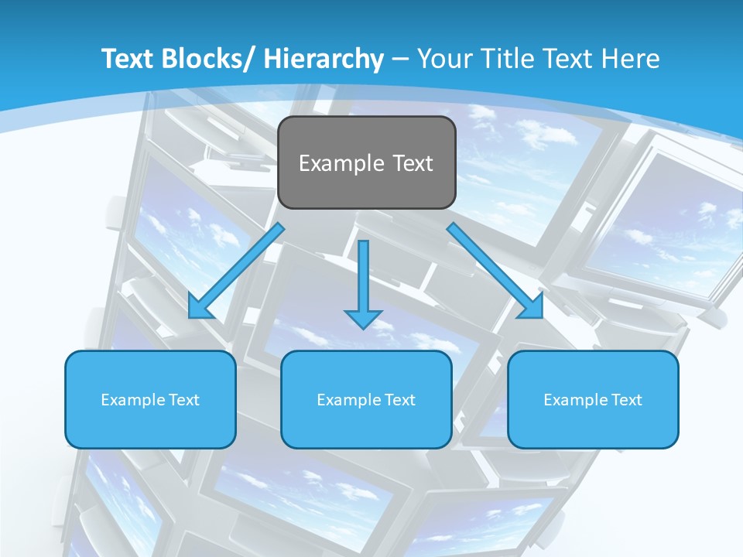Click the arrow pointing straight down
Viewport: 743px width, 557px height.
[x=364, y=278]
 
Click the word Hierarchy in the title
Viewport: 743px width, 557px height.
[x=324, y=59]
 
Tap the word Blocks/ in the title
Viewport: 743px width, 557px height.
[x=211, y=59]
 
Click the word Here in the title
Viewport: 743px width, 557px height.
[x=631, y=59]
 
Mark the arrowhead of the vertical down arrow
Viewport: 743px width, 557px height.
[x=364, y=318]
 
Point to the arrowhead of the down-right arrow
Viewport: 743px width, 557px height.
[x=532, y=307]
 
